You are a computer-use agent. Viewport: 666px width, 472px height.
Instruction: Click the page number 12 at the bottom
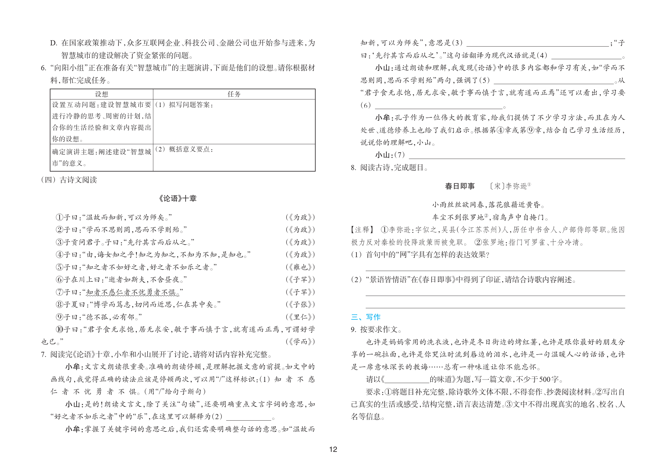click(333, 449)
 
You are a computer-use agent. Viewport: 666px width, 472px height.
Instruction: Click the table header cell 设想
click(101, 94)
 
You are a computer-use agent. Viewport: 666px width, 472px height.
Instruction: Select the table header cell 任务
click(234, 94)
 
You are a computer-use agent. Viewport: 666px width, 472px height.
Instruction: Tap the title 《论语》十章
click(177, 198)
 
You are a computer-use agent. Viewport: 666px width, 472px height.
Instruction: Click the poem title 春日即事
click(460, 186)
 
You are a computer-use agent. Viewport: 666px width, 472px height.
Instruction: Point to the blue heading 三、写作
click(366, 317)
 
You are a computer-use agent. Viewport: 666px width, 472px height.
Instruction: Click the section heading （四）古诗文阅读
click(69, 180)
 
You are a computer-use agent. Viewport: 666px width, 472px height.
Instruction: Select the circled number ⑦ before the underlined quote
click(59, 292)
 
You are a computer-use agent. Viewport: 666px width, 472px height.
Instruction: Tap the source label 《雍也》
click(300, 267)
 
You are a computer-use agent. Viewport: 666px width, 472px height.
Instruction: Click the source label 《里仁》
click(300, 317)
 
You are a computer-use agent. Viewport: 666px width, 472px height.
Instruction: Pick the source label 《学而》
click(300, 342)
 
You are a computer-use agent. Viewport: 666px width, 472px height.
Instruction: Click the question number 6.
click(43, 68)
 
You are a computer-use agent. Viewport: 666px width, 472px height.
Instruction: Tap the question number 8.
click(353, 168)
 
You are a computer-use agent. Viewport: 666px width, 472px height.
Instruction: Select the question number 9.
click(353, 330)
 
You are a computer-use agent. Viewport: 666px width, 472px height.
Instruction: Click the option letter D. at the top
click(54, 43)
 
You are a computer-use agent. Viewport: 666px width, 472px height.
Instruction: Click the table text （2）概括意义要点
click(184, 149)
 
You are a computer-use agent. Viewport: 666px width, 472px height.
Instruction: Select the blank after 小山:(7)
click(517, 155)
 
